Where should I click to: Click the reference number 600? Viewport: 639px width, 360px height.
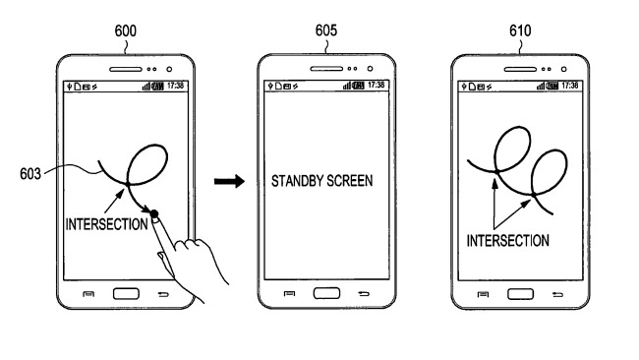pyautogui.click(x=126, y=30)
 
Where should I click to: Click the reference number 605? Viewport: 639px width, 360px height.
pyautogui.click(x=325, y=30)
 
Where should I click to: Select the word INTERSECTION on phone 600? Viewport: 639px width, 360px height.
pyautogui.click(x=108, y=223)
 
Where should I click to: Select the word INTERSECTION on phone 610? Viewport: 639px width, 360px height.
pyautogui.click(x=507, y=240)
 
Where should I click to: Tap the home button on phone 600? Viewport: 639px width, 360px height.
pyautogui.click(x=127, y=294)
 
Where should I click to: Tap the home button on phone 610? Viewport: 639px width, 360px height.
pyautogui.click(x=520, y=294)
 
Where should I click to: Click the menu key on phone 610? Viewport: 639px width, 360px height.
pyautogui.click(x=483, y=295)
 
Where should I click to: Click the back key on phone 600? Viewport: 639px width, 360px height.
pyautogui.click(x=164, y=295)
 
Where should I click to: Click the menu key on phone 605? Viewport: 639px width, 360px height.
pyautogui.click(x=288, y=295)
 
